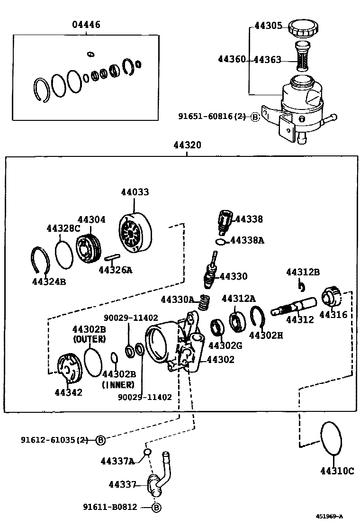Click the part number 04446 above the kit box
(86, 25)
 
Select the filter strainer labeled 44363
(302, 56)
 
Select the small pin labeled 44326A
(111, 258)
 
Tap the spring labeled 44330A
(204, 302)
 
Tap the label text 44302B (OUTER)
(89, 334)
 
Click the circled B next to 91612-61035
(100, 440)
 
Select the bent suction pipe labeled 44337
(158, 478)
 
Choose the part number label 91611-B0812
(112, 507)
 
